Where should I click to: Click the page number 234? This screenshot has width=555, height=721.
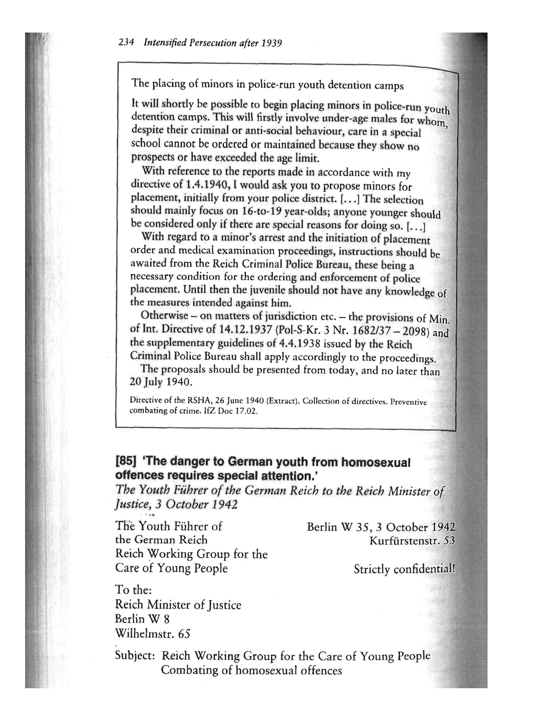click(x=126, y=43)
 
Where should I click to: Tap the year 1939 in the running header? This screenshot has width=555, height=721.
click(x=272, y=43)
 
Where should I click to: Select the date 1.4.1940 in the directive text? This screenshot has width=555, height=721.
click(x=205, y=185)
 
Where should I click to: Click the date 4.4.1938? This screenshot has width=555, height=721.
click(x=299, y=344)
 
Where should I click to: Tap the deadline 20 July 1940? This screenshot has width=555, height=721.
click(x=160, y=382)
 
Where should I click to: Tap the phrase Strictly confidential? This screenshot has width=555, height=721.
click(x=404, y=569)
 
